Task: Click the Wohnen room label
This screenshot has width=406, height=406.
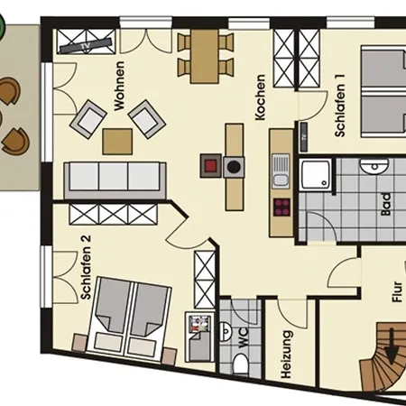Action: (119, 86)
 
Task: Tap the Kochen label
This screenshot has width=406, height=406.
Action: (260, 97)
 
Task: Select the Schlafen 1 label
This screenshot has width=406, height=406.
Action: (340, 106)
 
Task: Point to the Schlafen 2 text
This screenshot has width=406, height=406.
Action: (86, 267)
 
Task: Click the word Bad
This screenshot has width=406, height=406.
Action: (386, 204)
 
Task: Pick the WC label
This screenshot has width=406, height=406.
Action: (243, 337)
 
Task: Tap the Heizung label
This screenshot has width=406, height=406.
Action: (286, 355)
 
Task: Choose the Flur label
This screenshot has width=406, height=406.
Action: (397, 291)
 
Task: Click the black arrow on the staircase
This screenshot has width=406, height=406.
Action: (392, 346)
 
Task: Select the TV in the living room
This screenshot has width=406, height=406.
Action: (85, 45)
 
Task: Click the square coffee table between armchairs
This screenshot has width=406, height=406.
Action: (117, 142)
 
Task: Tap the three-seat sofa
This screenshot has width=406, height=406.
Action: (115, 180)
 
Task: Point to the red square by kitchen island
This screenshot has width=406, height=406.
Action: (211, 165)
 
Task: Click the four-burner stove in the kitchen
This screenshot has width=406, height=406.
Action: (281, 208)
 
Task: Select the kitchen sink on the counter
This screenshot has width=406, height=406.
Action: (281, 171)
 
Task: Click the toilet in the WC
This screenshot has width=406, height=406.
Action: (241, 364)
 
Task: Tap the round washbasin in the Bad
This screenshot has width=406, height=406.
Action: (374, 167)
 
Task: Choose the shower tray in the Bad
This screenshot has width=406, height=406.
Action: (316, 175)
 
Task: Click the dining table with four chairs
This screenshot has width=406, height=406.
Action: (205, 56)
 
